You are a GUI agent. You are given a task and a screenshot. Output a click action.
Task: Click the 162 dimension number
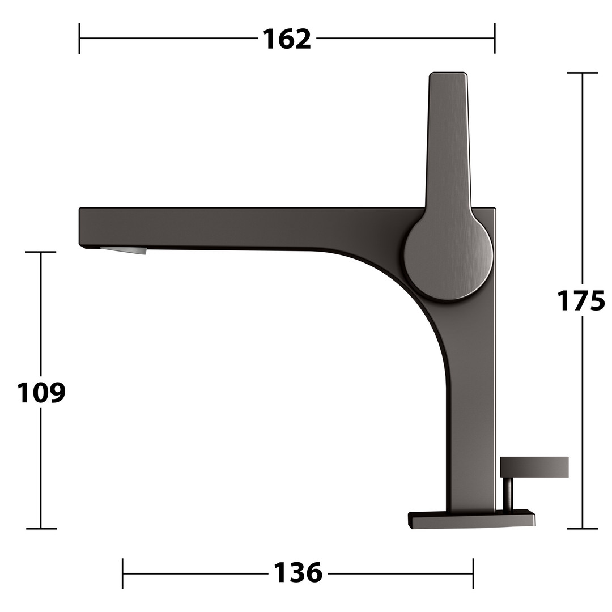[x=287, y=39]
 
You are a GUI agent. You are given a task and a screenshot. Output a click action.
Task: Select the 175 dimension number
[x=580, y=300]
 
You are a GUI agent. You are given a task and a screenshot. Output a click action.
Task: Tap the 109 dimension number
[x=41, y=392]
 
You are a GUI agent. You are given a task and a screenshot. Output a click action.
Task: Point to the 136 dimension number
[x=298, y=572]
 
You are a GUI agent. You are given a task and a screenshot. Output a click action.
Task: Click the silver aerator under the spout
[x=124, y=250]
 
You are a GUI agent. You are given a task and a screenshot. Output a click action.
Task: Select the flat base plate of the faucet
[x=471, y=519]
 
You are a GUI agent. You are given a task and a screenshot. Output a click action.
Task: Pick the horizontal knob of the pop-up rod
[x=534, y=467]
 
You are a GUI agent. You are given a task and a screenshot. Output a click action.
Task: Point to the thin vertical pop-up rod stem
[x=508, y=494]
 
